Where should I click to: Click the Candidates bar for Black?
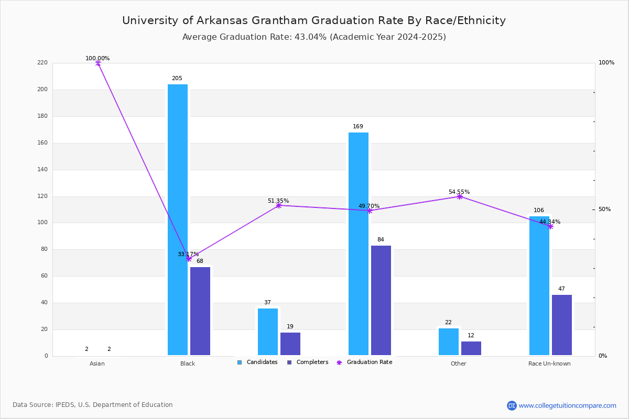click(178, 220)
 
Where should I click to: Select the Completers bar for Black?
click(200, 311)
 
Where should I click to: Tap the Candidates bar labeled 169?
click(359, 244)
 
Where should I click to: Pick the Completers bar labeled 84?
click(381, 301)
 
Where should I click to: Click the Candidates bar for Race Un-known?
click(539, 286)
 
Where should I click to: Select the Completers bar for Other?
click(471, 349)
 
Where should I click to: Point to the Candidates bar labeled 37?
click(268, 332)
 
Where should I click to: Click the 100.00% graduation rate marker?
click(98, 63)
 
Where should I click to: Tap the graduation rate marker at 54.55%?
click(460, 196)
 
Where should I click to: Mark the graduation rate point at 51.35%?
click(279, 205)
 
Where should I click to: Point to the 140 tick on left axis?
click(42, 170)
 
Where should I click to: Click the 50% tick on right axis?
click(604, 210)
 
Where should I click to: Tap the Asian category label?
click(97, 364)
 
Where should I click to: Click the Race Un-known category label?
click(549, 364)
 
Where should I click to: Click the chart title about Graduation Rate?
click(314, 21)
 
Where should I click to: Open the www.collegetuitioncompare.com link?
click(567, 405)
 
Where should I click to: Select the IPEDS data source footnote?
click(93, 405)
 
